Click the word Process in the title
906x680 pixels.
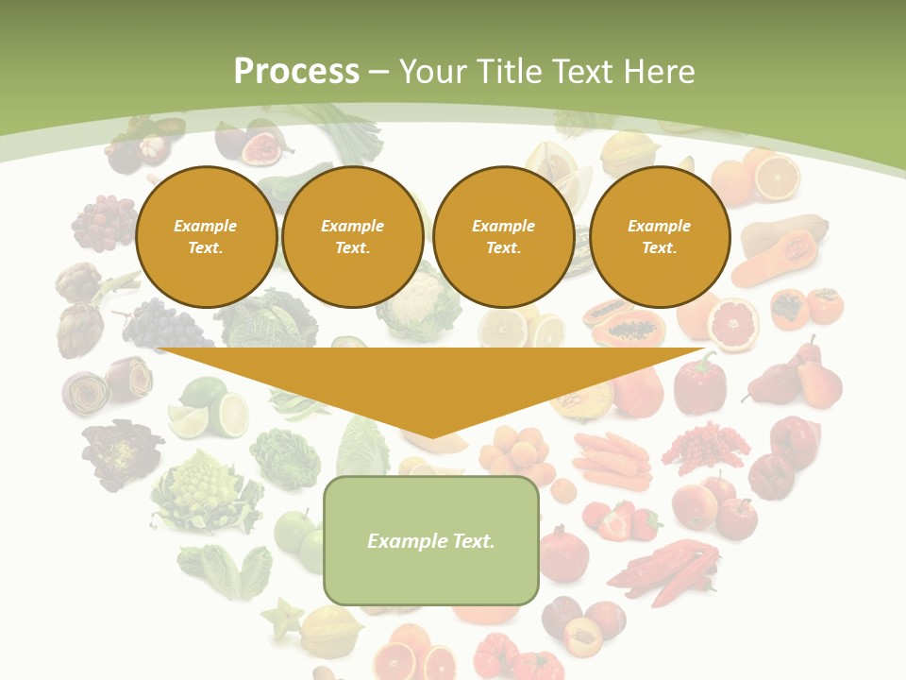(x=296, y=72)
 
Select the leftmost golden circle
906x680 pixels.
(x=206, y=237)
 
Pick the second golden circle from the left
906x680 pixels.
(x=352, y=237)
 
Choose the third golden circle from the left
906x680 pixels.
(x=503, y=237)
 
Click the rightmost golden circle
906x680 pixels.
(x=659, y=237)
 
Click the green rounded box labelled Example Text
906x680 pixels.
(x=431, y=540)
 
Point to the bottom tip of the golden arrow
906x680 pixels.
(x=432, y=436)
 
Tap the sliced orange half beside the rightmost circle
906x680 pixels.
(x=777, y=176)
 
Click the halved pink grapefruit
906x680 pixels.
(x=732, y=325)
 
